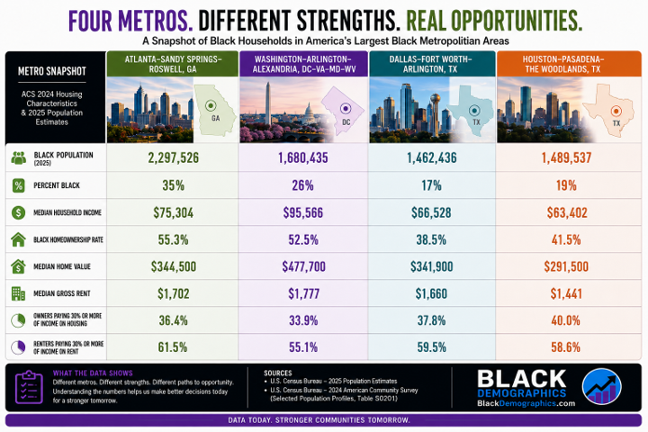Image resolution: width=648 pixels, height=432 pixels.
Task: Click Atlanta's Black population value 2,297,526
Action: click(x=173, y=157)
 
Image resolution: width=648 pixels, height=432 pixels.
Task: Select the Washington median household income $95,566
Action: click(x=303, y=212)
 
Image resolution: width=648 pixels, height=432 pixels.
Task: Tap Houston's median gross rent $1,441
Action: click(x=566, y=293)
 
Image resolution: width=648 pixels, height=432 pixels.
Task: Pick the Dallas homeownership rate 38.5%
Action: click(x=431, y=239)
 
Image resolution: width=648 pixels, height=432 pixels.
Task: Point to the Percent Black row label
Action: click(x=57, y=185)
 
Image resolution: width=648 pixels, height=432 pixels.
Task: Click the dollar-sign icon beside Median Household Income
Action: click(x=18, y=212)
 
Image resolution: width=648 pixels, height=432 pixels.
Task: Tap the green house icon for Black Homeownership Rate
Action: click(x=18, y=239)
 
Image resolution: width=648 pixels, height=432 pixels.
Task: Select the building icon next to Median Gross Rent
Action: click(x=18, y=293)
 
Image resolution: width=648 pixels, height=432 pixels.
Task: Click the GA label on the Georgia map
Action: click(x=215, y=118)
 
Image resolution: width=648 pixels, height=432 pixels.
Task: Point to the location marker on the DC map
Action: click(x=346, y=109)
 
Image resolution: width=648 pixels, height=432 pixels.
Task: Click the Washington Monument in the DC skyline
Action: click(x=268, y=103)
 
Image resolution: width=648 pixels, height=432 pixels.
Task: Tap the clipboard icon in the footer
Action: click(x=29, y=387)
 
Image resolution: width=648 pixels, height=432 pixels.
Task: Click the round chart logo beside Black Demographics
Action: click(x=602, y=386)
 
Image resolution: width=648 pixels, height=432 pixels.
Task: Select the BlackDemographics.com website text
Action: click(x=526, y=403)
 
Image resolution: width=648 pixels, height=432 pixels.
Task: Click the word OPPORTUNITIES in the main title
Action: click(x=517, y=21)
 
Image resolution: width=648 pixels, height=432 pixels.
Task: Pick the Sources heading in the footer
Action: click(x=278, y=373)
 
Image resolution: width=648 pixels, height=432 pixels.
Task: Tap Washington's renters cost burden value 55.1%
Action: click(x=303, y=346)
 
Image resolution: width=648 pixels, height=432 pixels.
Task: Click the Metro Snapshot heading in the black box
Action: click(x=52, y=71)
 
